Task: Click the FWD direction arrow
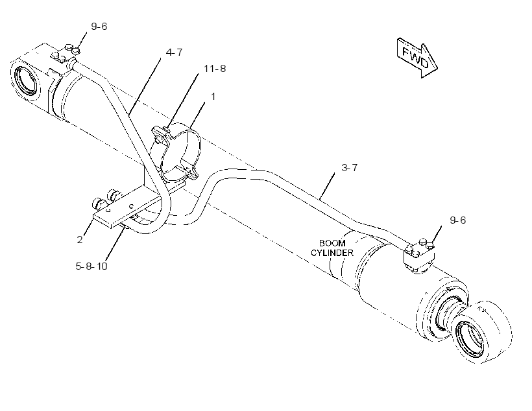tap(417, 58)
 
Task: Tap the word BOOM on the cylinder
tap(332, 243)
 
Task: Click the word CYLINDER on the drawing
tap(332, 253)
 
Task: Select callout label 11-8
tap(215, 69)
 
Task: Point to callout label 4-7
tap(174, 53)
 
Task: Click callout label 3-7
tap(349, 167)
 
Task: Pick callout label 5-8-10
tap(91, 266)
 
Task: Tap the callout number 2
tap(80, 240)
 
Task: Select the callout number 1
tap(213, 97)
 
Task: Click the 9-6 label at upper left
tap(99, 27)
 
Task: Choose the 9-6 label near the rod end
tap(457, 220)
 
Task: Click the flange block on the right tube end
tap(419, 256)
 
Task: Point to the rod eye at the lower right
tap(482, 333)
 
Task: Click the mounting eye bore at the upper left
tap(26, 80)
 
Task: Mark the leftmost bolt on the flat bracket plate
tap(99, 204)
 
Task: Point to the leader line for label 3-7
tap(327, 185)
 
